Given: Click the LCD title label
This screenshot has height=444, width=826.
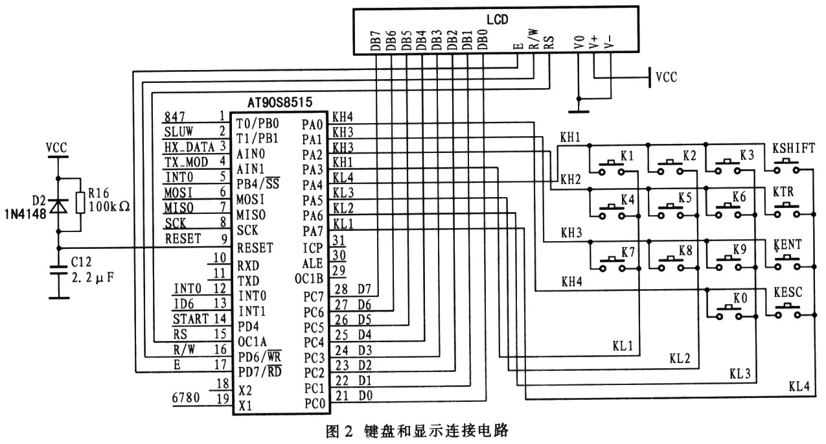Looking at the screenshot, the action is pos(497,19).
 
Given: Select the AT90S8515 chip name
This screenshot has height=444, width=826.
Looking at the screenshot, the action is pos(279,102).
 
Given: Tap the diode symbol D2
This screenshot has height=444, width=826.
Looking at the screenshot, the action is pos(58,205).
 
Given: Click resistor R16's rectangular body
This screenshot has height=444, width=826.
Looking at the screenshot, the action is pos(81,202).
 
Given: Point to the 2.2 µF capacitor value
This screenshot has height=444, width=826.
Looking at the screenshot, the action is pos(93,277).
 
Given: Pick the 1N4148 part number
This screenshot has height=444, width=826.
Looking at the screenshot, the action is pos(25,214).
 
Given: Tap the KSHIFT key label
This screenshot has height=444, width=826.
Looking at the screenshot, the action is pos(794,148).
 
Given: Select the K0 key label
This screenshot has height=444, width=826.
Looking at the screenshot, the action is pos(740,298).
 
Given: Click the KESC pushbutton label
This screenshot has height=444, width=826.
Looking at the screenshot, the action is pos(788,292).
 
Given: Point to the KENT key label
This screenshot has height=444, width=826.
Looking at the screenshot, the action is pos(788,245).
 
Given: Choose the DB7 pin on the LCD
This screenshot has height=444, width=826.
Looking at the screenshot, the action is pos(375,40).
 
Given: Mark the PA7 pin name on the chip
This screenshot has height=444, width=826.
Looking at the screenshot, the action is pos(312,231).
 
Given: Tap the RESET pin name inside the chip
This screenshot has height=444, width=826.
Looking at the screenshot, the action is pos(255,248).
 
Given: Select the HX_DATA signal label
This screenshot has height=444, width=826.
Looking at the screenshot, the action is pos(189,147).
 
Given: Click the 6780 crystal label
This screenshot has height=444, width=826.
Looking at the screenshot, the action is pos(186,398).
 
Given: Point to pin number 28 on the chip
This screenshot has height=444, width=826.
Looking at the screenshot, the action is pos(341,289).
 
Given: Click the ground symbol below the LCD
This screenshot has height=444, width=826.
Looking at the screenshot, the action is pos(579,111).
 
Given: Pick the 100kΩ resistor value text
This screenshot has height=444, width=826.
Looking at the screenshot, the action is pos(109,207).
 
